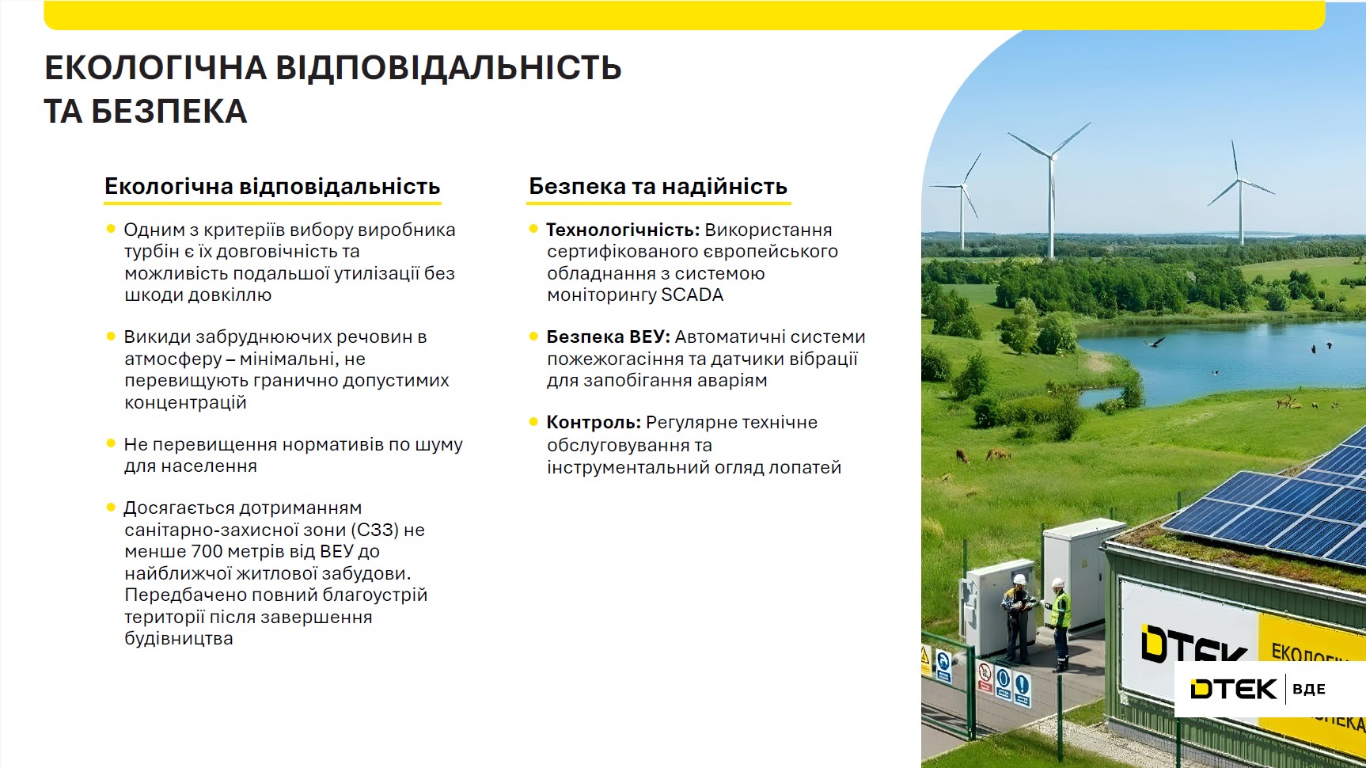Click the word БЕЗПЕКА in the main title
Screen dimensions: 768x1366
point(169,112)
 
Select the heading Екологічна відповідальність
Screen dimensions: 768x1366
point(272,187)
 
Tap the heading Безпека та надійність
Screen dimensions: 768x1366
point(658,187)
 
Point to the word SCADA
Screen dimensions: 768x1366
point(692,295)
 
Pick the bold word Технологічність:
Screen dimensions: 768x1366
point(623,230)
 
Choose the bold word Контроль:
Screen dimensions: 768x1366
point(594,423)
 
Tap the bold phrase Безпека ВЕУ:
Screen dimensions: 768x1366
point(608,337)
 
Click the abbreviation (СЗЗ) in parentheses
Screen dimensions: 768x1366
point(374,530)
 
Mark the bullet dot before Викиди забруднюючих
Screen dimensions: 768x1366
point(111,336)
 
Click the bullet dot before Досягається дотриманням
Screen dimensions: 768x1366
point(111,508)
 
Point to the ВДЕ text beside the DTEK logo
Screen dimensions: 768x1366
point(1308,690)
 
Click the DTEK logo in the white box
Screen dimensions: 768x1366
point(1233,689)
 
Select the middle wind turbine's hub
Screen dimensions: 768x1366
point(1052,157)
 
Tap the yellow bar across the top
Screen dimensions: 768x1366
point(684,15)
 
